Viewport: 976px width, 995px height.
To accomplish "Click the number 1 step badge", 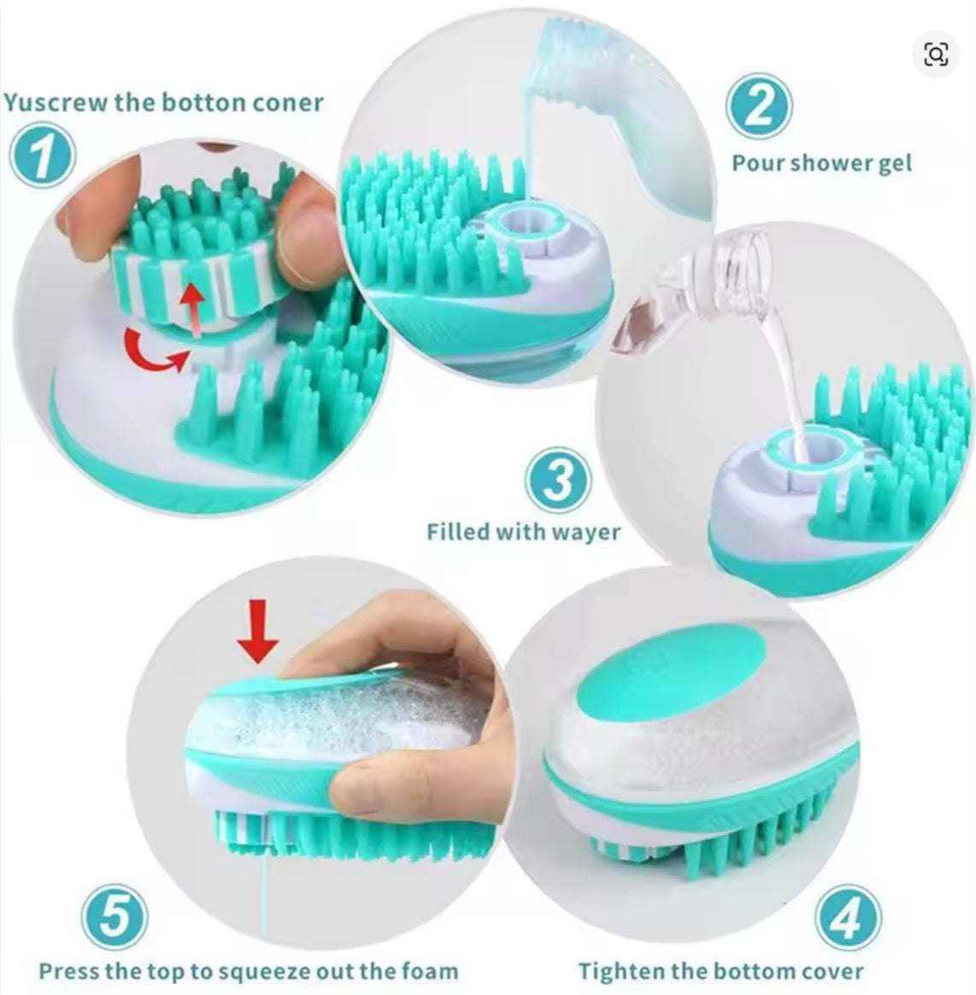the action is pos(43,155).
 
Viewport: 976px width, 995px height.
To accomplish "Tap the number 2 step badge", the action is pos(759,106).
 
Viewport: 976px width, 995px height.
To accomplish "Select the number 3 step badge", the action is pos(558,480).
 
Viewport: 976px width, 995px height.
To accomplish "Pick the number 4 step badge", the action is pos(848,916).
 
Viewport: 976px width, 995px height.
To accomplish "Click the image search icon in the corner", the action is pos(936,55).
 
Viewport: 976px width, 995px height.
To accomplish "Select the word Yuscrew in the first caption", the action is pos(56,103).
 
